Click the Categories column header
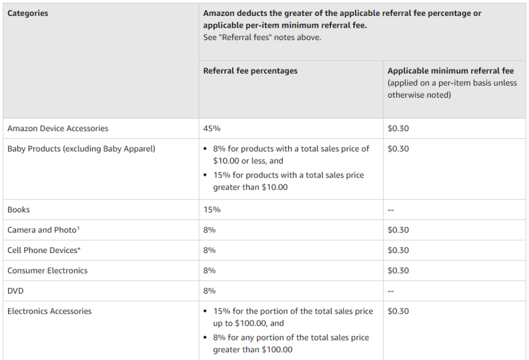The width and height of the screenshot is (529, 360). (28, 13)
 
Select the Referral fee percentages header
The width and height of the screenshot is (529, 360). (250, 71)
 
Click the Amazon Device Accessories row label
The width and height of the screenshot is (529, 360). (58, 128)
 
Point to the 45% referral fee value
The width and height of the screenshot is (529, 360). (212, 128)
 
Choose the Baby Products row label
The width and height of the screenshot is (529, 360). (81, 149)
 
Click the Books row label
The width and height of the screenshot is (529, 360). (19, 209)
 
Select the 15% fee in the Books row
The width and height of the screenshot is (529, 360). (212, 209)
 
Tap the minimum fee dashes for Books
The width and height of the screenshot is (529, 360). (391, 210)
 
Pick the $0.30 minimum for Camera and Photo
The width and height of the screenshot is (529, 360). (398, 230)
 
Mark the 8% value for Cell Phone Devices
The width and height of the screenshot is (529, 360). (209, 250)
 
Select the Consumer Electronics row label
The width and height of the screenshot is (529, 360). (48, 271)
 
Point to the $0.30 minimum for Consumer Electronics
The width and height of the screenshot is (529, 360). (398, 271)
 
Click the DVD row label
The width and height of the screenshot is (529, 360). (16, 291)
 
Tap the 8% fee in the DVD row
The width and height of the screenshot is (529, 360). (209, 291)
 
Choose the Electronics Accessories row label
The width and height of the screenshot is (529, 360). (49, 311)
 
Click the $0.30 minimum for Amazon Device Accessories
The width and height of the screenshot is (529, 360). (398, 128)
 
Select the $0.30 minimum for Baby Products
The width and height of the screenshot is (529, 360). (398, 149)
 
